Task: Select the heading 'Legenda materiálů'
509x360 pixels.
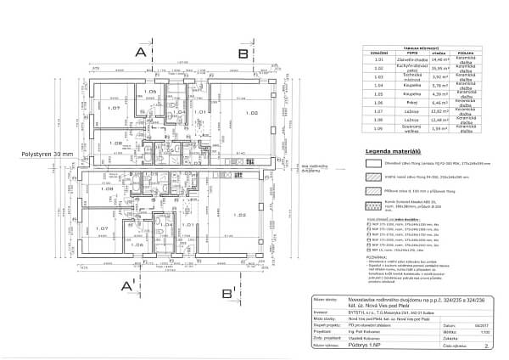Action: [394, 153]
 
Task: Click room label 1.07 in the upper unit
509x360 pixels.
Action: [102, 109]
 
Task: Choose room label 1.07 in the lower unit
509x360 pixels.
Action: [100, 228]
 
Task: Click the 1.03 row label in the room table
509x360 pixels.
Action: [379, 77]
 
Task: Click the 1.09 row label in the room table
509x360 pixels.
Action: [379, 129]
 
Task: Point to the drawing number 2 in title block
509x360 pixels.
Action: [486, 347]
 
